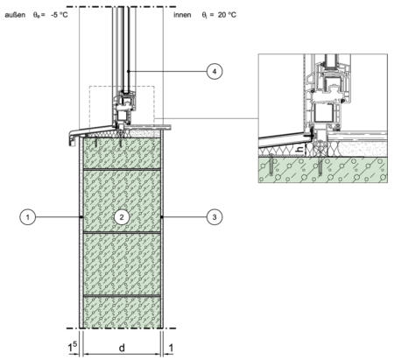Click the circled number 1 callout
28,217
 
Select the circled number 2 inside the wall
122,217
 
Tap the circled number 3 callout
215,217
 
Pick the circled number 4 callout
215,71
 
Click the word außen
15,15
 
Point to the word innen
182,15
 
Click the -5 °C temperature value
60,15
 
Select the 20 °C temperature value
227,15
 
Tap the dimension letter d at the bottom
122,348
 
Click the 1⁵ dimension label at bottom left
73,347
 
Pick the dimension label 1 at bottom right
171,348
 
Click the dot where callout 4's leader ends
128,71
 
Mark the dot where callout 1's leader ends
81,217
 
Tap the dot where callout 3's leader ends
161,217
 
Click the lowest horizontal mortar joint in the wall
122,296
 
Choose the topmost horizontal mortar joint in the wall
122,169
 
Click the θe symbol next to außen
37,15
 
